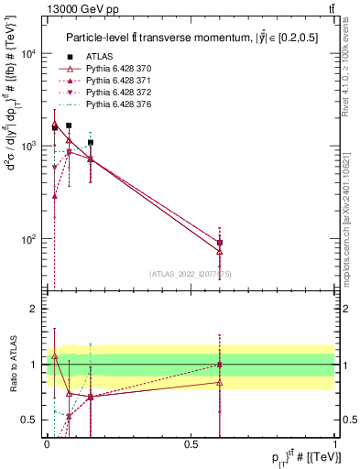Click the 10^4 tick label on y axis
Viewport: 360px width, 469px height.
(x=29, y=54)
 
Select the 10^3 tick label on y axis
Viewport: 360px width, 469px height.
(x=29, y=147)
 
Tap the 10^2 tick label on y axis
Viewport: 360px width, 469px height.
(x=29, y=239)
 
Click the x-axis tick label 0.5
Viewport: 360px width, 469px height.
(x=191, y=444)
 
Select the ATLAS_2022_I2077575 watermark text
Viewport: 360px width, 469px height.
(x=191, y=273)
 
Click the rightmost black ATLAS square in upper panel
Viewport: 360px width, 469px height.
(x=219, y=243)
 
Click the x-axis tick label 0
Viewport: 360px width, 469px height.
(x=47, y=444)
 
